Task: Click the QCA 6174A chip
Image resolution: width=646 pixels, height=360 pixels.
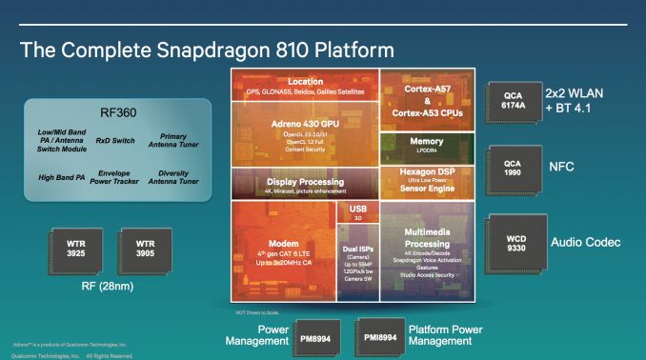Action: pyautogui.click(x=514, y=97)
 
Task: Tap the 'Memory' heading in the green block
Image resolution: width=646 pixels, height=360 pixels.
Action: pyautogui.click(x=426, y=141)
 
